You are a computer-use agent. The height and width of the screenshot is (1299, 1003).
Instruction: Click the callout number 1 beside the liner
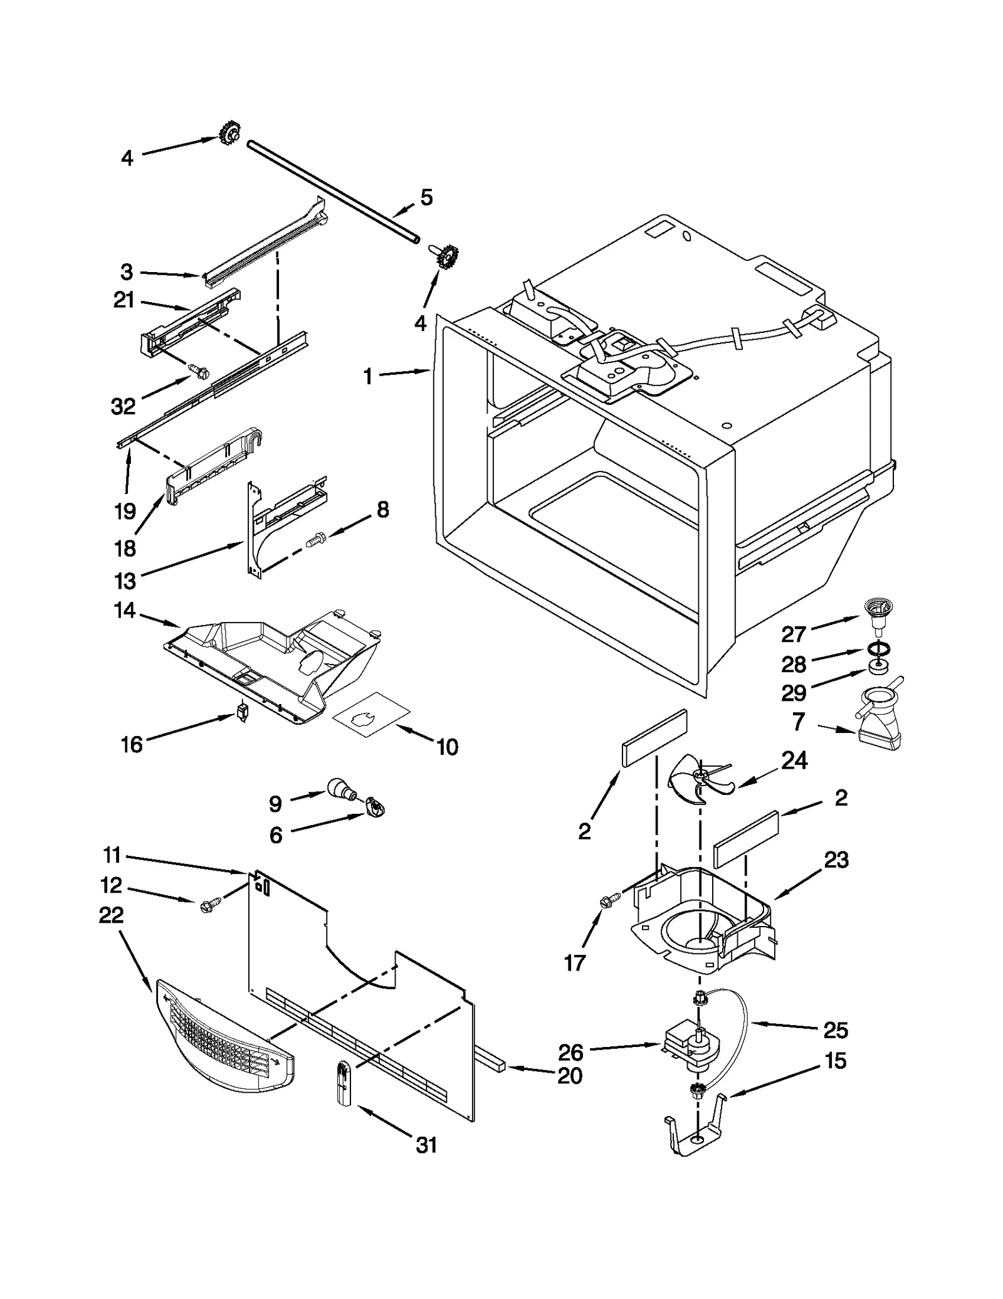[x=368, y=377]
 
